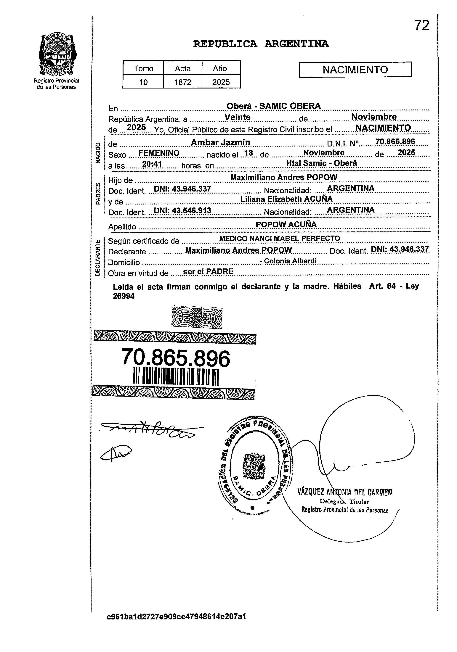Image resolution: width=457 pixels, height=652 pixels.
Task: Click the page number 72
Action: click(421, 25)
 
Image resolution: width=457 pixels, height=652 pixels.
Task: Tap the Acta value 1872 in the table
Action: click(183, 82)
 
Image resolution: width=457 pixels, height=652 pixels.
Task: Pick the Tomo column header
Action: click(143, 68)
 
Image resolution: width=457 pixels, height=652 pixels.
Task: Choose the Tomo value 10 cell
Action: click(143, 82)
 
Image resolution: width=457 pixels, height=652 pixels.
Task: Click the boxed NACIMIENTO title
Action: click(355, 70)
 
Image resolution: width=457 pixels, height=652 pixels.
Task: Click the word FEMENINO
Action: click(159, 153)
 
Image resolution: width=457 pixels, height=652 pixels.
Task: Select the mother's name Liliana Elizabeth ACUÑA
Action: click(286, 199)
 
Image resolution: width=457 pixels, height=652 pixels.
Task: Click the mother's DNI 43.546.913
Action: click(182, 210)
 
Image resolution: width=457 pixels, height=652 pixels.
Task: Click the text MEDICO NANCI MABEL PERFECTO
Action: click(280, 238)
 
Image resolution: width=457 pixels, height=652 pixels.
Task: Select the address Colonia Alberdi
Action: click(290, 261)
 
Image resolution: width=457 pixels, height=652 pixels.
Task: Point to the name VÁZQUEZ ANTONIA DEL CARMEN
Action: click(344, 492)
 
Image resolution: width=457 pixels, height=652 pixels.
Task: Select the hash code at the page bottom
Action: click(176, 624)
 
